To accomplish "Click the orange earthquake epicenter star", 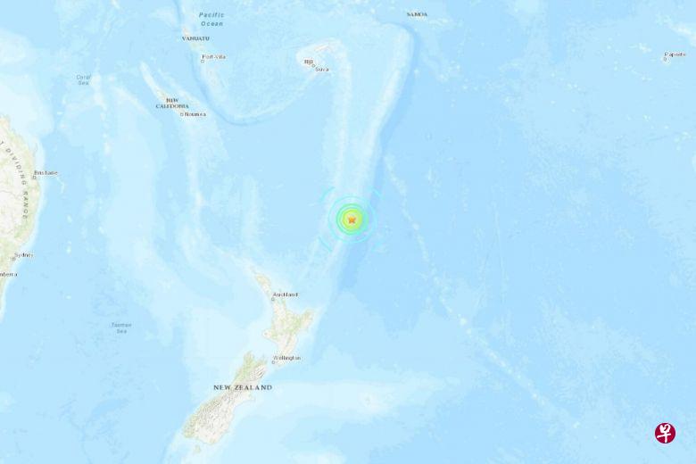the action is pos(352,219).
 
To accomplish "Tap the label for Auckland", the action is pos(286,294).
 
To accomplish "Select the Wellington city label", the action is pos(287,358).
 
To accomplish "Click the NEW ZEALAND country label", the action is pos(243,387).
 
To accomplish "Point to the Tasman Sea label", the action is pos(121,327).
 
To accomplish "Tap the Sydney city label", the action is pos(23,255).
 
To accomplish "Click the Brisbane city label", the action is pos(46,172).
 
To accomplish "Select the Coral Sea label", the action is pos(83,79).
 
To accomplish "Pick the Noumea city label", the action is pos(195,114).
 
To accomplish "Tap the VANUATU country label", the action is pos(196,38).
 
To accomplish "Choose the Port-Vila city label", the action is pos(214,57).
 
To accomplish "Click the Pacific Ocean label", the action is pos(211,19).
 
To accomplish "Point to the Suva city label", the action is pos(322,69).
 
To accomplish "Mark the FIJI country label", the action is pos(309,62).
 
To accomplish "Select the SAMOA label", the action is pos(416,14).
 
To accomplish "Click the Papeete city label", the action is pos(675,54).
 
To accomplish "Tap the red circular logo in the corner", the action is pos(665,433).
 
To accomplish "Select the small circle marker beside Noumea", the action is pos(181,114).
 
